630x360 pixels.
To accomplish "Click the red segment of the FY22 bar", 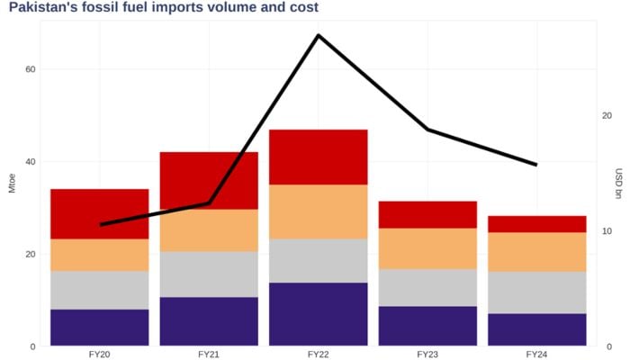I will tap(319, 157).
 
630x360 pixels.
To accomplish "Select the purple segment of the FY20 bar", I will tap(100, 328).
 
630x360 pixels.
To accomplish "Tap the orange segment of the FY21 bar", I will tap(209, 229).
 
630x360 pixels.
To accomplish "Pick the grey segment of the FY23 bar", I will tap(427, 287).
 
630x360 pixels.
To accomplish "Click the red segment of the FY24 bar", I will tap(537, 224).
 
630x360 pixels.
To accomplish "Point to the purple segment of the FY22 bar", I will tap(319, 313).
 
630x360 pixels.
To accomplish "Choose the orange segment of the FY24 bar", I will tap(537, 252).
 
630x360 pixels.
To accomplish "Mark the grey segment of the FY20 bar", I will tap(100, 290).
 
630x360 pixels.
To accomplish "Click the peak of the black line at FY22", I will tap(319, 35).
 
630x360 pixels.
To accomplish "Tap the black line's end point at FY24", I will tap(536, 165).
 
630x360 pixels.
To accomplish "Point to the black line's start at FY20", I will tap(100, 224).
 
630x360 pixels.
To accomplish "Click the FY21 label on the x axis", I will tap(209, 355).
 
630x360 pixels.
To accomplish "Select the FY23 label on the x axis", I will tap(427, 355).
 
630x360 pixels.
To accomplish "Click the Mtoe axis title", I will tap(12, 183).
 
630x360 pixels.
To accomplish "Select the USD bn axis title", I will tap(619, 184).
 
